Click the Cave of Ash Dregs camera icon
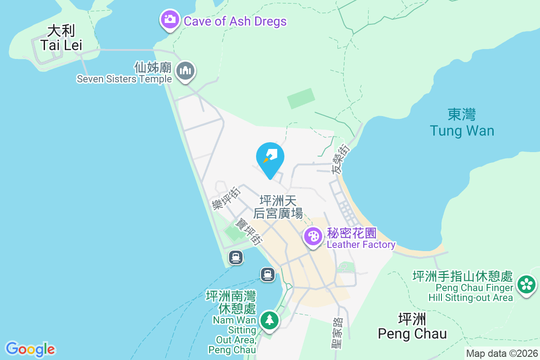pos(170,20)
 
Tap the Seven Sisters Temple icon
pos(185,71)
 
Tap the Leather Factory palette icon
pos(313,236)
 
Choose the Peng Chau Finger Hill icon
pos(526,284)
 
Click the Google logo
pos(30,349)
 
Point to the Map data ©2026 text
pos(502,353)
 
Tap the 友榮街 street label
pos(340,159)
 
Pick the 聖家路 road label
pos(336,333)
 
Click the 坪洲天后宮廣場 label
pos(281,207)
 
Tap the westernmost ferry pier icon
pos(236,257)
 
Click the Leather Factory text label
pos(361,245)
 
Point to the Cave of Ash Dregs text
pos(235,21)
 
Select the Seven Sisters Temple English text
pos(124,79)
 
